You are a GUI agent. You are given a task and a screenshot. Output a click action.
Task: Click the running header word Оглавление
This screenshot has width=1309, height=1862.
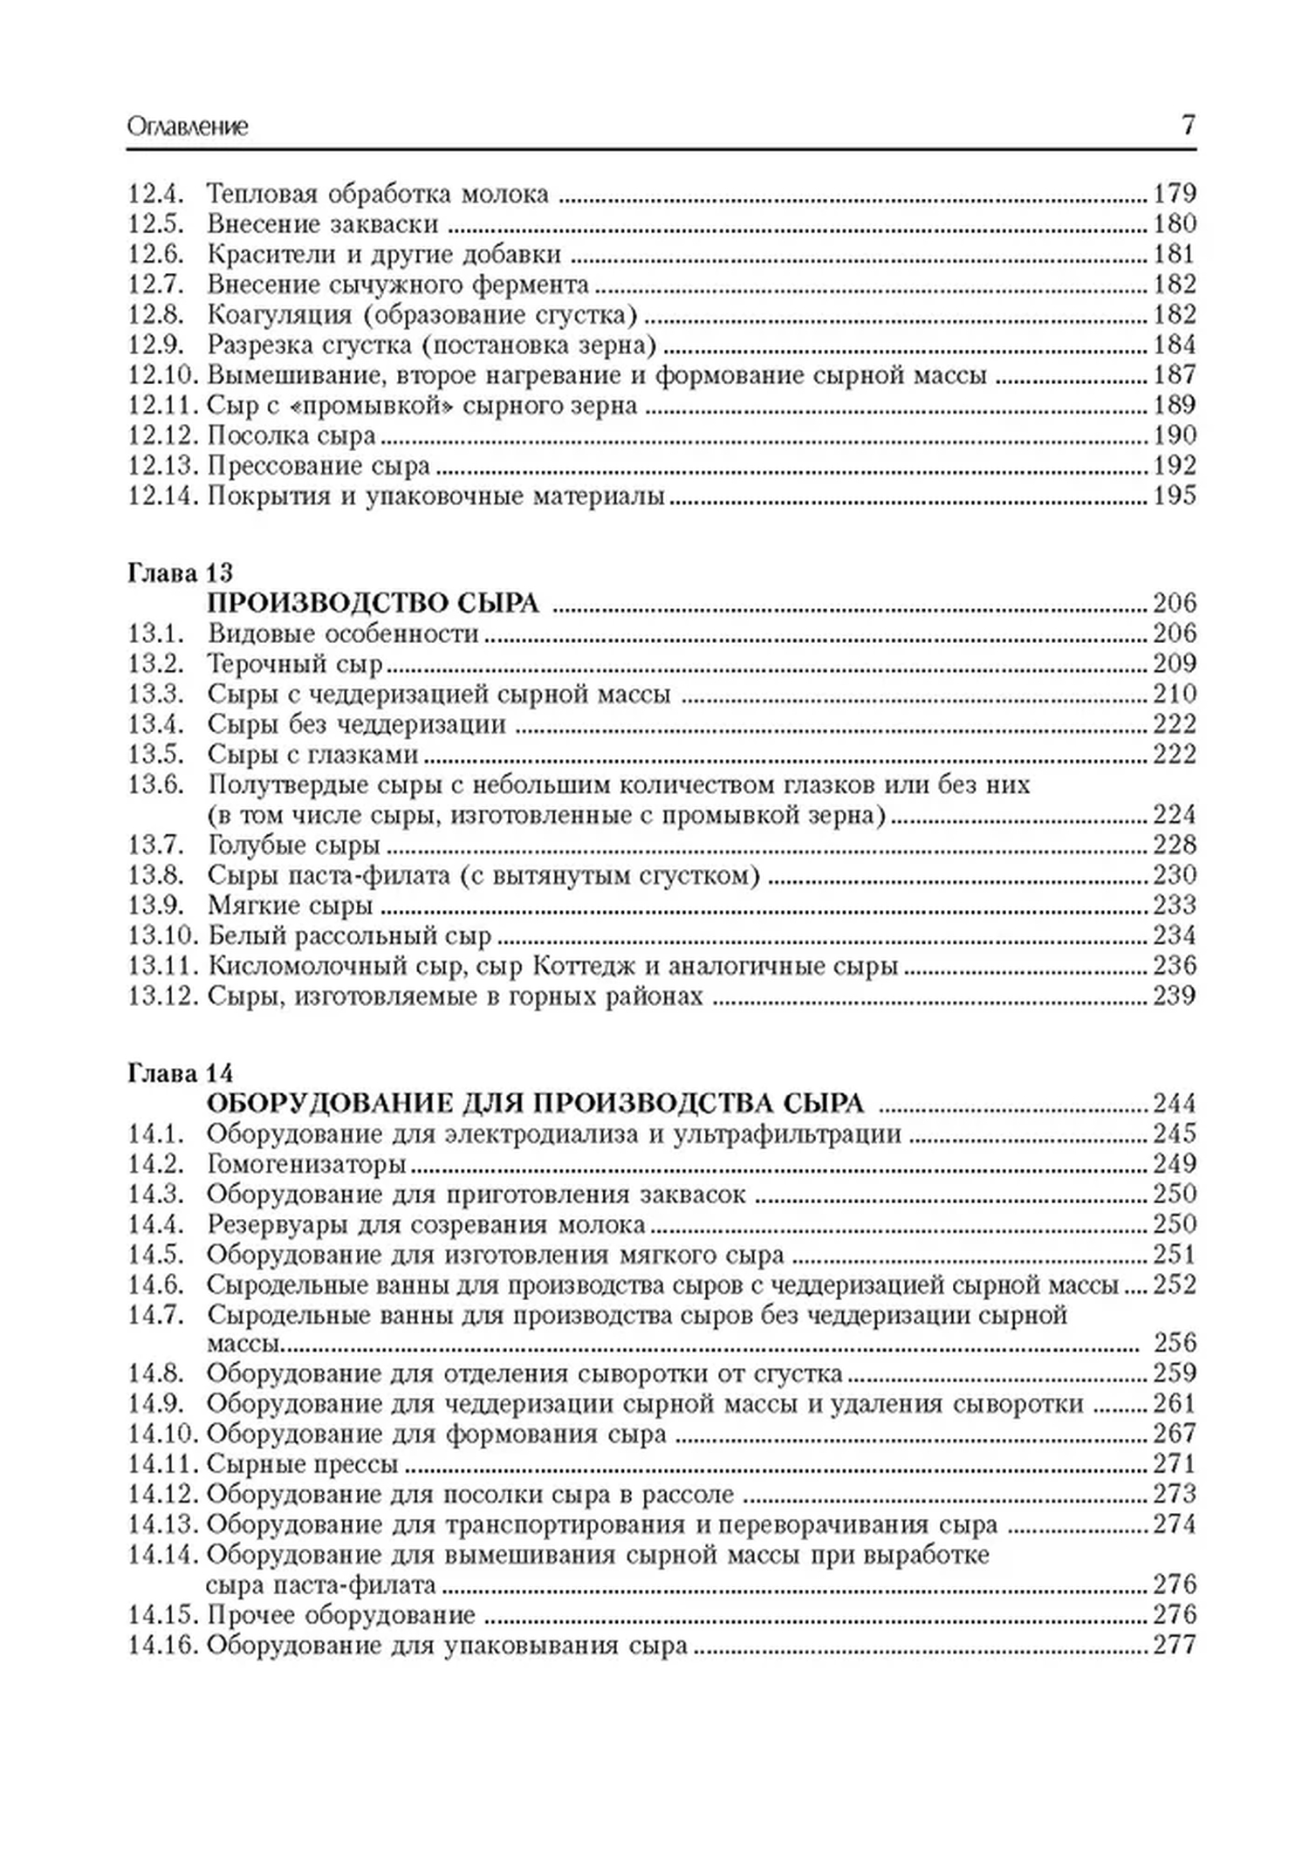coord(188,127)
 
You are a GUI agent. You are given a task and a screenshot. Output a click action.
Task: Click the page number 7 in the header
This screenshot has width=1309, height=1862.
coord(1188,126)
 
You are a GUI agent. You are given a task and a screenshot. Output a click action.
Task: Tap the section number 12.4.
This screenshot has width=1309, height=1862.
coord(155,194)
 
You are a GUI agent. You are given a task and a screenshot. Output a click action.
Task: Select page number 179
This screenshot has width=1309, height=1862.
coord(1174,194)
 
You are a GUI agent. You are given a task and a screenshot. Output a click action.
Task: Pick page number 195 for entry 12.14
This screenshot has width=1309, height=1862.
coord(1174,496)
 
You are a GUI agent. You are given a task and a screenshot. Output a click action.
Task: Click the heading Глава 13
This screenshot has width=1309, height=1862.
coord(181,573)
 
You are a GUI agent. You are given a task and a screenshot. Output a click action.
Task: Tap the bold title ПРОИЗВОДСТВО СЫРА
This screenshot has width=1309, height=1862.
coord(373,603)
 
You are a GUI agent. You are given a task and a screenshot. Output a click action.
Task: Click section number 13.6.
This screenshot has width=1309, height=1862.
coord(155,784)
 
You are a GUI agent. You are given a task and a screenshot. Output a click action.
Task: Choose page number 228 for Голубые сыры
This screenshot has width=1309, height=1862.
coord(1174,845)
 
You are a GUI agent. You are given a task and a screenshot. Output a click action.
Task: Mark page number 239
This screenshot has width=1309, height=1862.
coord(1174,996)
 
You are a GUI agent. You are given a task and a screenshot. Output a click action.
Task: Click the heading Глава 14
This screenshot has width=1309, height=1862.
coord(181,1073)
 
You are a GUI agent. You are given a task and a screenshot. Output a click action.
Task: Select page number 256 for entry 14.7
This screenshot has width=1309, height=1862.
coord(1175,1342)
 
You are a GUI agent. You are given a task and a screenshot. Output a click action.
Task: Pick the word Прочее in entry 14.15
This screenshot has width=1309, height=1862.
coord(252,1615)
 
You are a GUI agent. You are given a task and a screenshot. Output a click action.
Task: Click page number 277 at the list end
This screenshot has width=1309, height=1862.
coord(1174,1646)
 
